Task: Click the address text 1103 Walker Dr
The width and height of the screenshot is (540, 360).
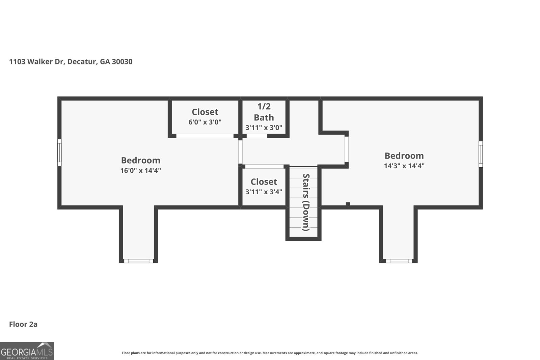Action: point(37,62)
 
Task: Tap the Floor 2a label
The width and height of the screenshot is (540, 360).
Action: point(23,324)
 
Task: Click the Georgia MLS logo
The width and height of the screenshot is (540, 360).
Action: point(27,351)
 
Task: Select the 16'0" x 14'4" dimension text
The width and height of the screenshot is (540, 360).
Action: point(140,171)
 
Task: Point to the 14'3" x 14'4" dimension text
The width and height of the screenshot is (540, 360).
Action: point(404,166)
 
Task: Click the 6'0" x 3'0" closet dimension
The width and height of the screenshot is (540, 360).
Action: point(205,122)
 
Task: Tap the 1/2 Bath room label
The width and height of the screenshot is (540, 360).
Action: point(264,112)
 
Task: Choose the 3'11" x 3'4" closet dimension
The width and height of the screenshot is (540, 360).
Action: point(264,192)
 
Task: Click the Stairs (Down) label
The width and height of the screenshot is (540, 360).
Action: point(306,202)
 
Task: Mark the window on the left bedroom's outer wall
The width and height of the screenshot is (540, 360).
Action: point(59,153)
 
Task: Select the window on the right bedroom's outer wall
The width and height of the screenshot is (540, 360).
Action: point(481,154)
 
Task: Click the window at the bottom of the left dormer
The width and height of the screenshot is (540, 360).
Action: point(138,261)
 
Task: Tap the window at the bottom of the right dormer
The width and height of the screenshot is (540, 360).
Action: point(399,261)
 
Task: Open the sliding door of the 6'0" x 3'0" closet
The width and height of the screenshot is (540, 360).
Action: point(205,136)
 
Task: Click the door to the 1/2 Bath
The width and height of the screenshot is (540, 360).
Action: point(257,136)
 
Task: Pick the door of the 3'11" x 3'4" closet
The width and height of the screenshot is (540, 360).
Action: point(264,167)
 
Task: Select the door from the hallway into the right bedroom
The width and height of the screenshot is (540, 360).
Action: point(346,149)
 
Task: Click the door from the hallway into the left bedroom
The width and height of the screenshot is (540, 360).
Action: point(240,152)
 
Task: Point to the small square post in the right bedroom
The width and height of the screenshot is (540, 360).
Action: point(348,204)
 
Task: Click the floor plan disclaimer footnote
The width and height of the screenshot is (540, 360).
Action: point(270,353)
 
